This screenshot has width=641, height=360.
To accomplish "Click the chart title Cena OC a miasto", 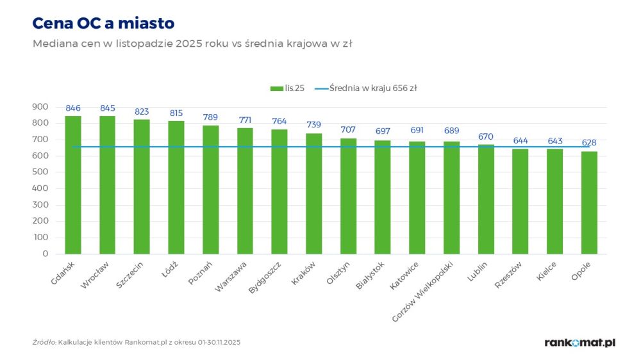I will (103, 24).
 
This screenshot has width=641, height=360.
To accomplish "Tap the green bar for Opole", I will (589, 202).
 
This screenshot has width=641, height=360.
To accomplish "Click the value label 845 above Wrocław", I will (108, 108).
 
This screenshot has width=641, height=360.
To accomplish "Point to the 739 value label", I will (313, 125).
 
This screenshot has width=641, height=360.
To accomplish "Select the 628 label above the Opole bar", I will (589, 143).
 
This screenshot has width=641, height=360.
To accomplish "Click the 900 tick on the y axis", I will (40, 106).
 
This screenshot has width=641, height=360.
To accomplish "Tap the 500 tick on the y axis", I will (40, 172).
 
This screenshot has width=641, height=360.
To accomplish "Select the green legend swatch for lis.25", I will (277, 88).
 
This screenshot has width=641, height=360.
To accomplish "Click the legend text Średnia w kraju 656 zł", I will (373, 88).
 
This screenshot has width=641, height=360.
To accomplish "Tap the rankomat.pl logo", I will (579, 343).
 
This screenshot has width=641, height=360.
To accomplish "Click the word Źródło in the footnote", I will (44, 343).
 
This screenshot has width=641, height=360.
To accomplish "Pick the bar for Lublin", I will (486, 199).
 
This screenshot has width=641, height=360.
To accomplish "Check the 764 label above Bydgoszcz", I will (279, 121).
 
